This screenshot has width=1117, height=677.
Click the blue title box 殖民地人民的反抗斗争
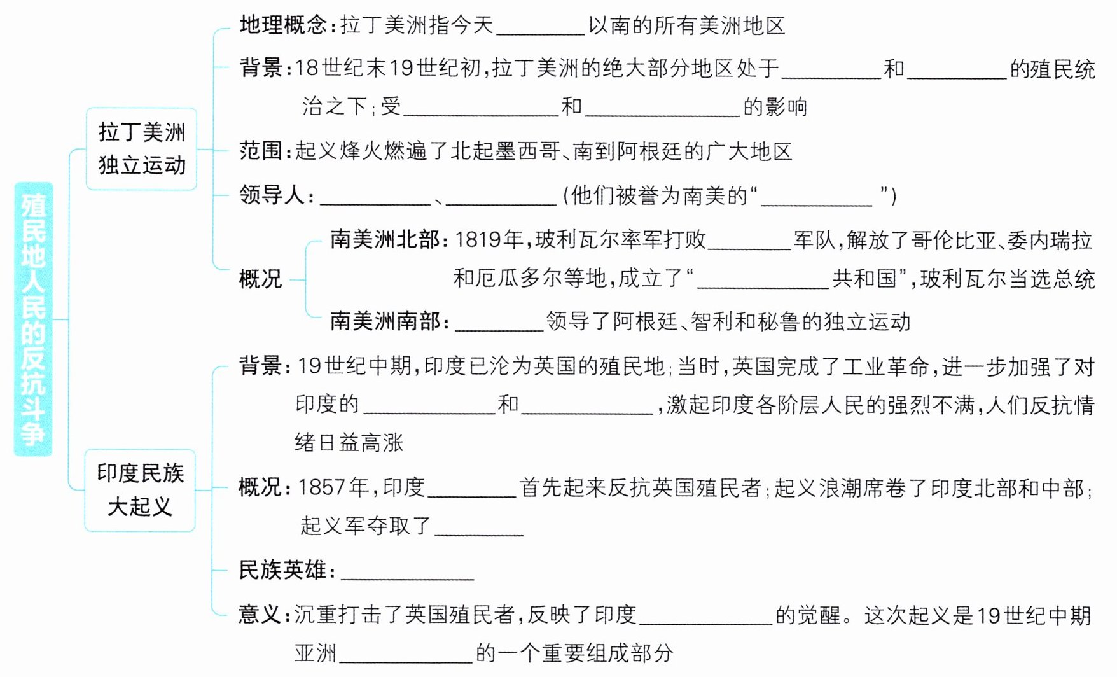coord(33,319)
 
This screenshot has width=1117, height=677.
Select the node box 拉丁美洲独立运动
coord(141,149)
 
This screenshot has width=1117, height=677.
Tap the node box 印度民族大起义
coord(140,490)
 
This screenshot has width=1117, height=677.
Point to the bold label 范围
coord(261,151)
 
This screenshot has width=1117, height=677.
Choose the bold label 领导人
coord(272,195)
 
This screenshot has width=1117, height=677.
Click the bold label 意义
coord(261,615)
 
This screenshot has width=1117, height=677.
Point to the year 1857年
coord(333,488)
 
